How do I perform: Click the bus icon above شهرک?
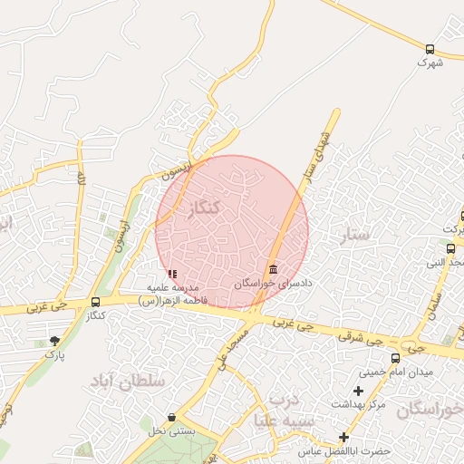430,50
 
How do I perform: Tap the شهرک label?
430,63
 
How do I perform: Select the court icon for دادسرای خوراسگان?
274,269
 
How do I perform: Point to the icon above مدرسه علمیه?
172,274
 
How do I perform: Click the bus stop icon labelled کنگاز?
96,302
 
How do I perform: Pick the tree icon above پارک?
55,341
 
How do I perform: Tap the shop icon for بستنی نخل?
171,418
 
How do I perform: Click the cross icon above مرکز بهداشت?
358,391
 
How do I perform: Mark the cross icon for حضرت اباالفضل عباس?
343,437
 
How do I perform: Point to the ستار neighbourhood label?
357,236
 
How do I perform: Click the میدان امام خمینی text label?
396,372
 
